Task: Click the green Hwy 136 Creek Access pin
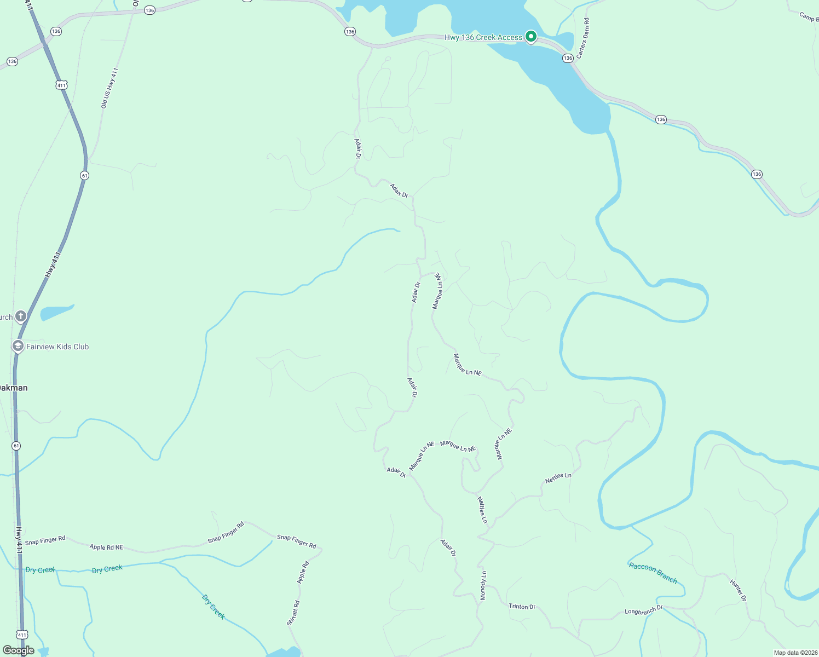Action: click(530, 37)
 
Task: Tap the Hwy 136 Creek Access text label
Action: click(483, 37)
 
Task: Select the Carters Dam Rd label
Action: click(584, 38)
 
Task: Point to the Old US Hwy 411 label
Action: click(109, 88)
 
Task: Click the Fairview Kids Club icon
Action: click(18, 346)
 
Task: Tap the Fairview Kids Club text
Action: click(57, 347)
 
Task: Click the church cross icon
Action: click(21, 316)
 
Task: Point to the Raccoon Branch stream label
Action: click(653, 573)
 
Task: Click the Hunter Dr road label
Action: click(738, 590)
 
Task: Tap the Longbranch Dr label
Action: click(644, 610)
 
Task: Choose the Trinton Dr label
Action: click(522, 606)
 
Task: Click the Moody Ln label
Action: click(483, 585)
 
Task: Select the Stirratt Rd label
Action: click(293, 613)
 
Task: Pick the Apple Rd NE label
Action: click(106, 547)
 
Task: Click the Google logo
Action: click(19, 650)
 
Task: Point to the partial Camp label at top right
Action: click(809, 17)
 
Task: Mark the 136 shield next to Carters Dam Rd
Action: click(568, 58)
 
